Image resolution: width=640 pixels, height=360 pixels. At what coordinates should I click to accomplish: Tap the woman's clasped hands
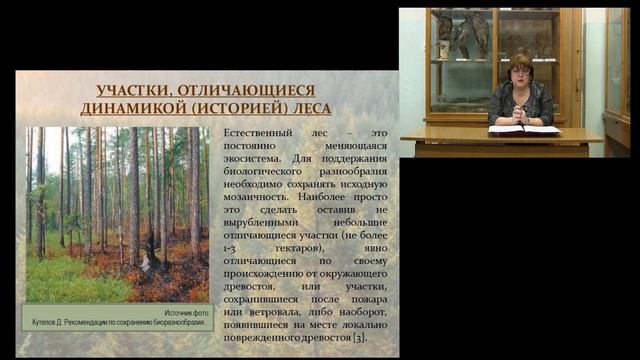(519, 116)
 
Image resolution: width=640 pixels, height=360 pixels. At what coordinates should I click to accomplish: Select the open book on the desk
(523, 130)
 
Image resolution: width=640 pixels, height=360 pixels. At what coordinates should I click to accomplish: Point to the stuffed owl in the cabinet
(481, 35)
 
